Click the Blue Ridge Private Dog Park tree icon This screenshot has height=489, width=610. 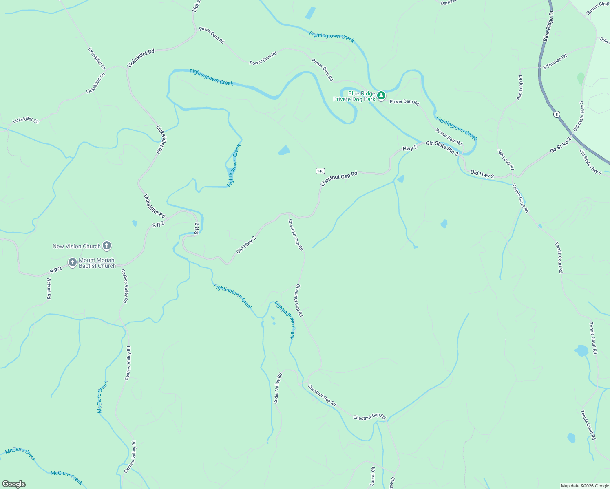pos(381,96)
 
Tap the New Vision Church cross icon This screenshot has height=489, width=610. pos(107,246)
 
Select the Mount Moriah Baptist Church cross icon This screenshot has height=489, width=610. pos(73,262)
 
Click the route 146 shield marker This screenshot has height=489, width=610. pos(320,171)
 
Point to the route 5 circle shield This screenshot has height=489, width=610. pos(557,114)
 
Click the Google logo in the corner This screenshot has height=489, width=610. pos(13,484)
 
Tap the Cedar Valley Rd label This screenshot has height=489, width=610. pos(278,389)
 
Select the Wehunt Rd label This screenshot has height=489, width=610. pos(49,289)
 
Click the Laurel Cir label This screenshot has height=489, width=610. pos(373,476)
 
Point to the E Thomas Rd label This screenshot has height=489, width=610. pos(555,62)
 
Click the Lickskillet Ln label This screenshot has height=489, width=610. pos(97,59)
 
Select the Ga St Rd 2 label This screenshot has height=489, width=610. pos(561,145)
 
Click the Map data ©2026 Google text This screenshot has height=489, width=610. pos(585,486)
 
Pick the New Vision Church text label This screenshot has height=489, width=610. pos(77,246)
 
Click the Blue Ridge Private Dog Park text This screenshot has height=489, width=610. pos(354,96)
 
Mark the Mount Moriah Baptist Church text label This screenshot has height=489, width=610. pos(97,263)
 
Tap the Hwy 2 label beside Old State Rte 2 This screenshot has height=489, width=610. pos(410,148)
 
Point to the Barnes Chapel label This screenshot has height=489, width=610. pos(598,8)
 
